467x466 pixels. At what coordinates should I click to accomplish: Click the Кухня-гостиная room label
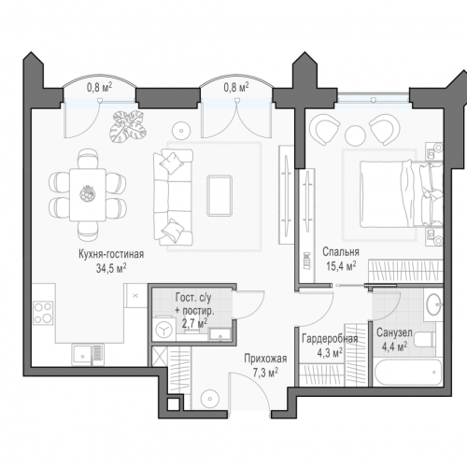111,254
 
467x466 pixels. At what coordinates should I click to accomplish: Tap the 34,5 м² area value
111,268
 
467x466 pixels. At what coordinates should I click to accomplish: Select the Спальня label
341,252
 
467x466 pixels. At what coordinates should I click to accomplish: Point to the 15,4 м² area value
341,265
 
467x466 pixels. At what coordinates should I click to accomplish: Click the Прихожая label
265,359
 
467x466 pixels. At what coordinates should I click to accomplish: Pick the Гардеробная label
330,339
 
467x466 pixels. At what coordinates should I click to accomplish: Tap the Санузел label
394,332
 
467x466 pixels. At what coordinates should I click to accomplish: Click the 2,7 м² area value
194,323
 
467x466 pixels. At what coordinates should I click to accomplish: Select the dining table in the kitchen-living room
88,195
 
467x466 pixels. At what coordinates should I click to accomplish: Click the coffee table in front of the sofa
219,195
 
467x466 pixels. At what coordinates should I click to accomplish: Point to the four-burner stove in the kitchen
43,313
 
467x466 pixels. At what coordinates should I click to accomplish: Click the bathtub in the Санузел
408,373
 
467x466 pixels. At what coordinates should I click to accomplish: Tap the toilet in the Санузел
425,340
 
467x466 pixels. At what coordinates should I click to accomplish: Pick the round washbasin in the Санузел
433,304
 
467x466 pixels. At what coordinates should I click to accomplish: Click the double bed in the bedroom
401,193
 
